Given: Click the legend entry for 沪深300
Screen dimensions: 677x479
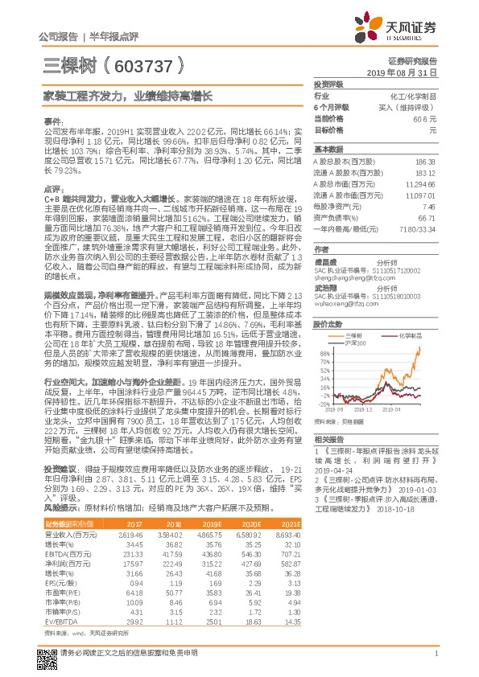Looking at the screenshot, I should point(358,343).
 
